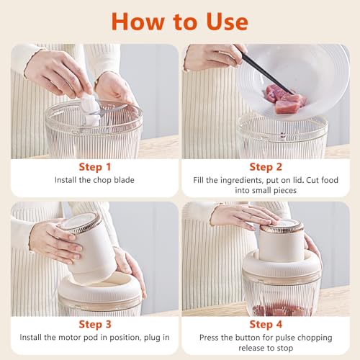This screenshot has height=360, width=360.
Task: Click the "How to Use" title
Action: (x=179, y=21)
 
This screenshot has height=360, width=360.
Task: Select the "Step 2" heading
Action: (x=266, y=166)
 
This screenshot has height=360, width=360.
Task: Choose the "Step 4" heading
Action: (x=266, y=324)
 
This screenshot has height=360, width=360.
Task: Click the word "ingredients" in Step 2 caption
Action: (x=240, y=181)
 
